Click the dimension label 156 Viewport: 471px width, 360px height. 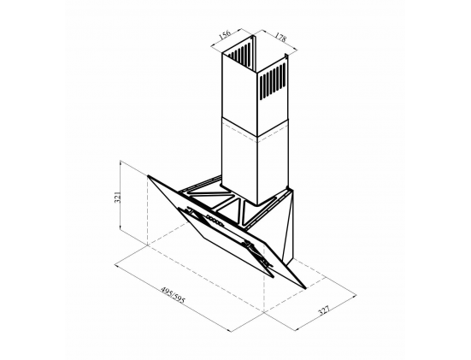click(x=225, y=34)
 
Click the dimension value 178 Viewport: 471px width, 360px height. click(x=280, y=37)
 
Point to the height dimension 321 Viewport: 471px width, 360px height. click(x=117, y=197)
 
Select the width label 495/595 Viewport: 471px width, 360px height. click(x=174, y=295)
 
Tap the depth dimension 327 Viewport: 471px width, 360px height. click(x=324, y=310)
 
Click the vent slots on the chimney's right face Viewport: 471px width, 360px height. click(x=272, y=80)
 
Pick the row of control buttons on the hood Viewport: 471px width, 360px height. click(x=215, y=221)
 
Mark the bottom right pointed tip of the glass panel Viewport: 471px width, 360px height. click(x=305, y=288)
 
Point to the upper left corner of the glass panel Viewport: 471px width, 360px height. click(x=148, y=175)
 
